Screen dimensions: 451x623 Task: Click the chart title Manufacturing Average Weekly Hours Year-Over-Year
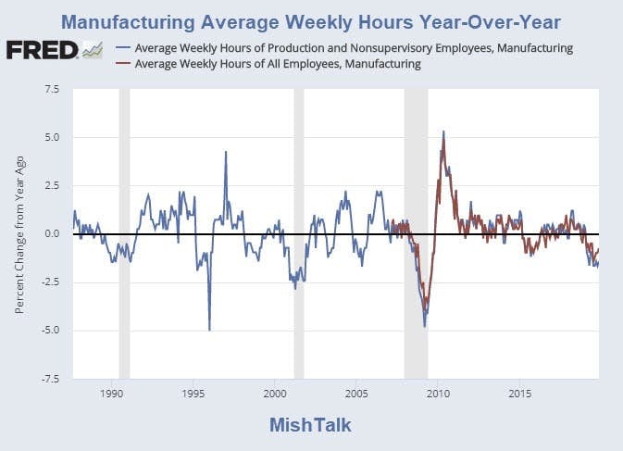click(x=311, y=20)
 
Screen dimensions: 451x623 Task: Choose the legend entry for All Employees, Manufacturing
click(x=278, y=64)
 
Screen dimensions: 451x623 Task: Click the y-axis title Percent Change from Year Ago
click(x=19, y=234)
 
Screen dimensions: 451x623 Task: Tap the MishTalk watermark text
click(x=311, y=425)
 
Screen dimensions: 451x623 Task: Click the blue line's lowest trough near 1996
click(x=209, y=329)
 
